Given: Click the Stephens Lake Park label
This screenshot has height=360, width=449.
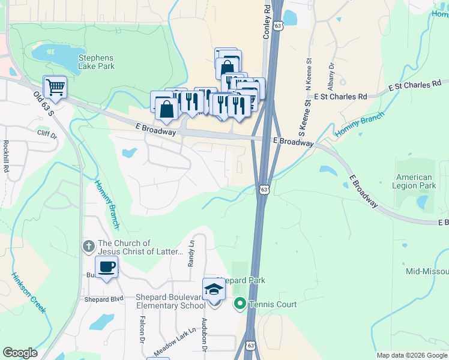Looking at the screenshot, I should pyautogui.click(x=96, y=62).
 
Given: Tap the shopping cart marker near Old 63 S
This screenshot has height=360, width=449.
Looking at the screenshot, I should pyautogui.click(x=55, y=87).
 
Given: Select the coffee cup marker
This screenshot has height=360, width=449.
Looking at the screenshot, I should pyautogui.click(x=106, y=268).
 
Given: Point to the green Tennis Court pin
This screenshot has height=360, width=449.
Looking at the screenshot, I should pyautogui.click(x=240, y=304).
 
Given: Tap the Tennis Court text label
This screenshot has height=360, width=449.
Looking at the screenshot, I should pyautogui.click(x=273, y=304).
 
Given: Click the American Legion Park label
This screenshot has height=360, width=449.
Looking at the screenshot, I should pyautogui.click(x=414, y=182).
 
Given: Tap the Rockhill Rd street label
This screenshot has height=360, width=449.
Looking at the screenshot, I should pyautogui.click(x=5, y=157).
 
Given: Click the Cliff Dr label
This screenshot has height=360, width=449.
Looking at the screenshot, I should pyautogui.click(x=47, y=134).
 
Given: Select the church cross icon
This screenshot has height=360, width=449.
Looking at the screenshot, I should pyautogui.click(x=88, y=246).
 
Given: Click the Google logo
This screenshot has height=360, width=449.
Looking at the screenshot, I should pyautogui.click(x=20, y=353).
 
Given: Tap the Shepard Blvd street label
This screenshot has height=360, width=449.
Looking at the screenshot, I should pyautogui.click(x=103, y=299).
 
